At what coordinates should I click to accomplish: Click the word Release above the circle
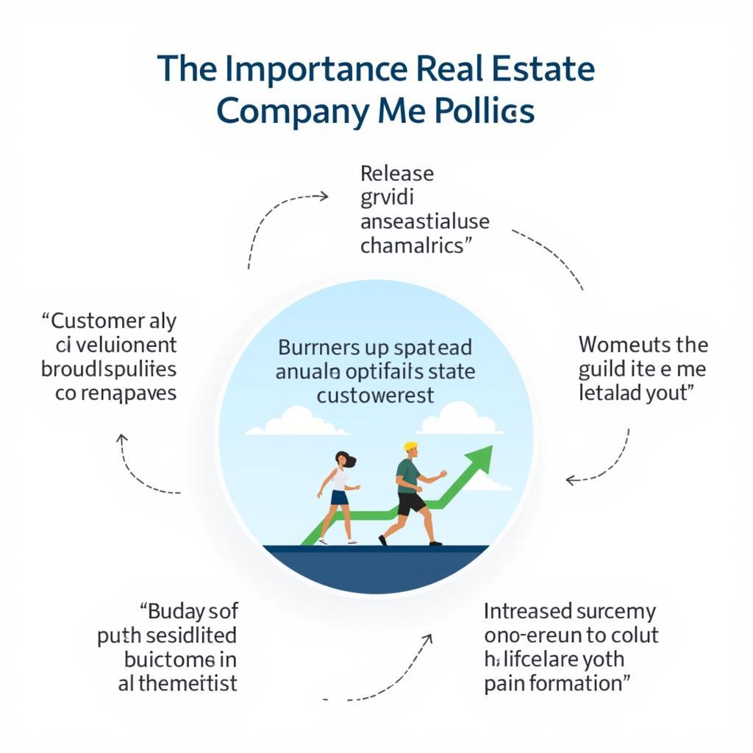click(x=397, y=174)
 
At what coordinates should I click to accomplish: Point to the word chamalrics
click(x=413, y=245)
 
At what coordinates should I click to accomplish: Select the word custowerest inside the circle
click(x=376, y=395)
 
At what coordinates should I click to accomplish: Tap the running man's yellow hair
click(x=410, y=446)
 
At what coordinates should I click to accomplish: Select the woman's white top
click(x=339, y=479)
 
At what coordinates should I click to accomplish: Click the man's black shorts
click(x=410, y=503)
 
